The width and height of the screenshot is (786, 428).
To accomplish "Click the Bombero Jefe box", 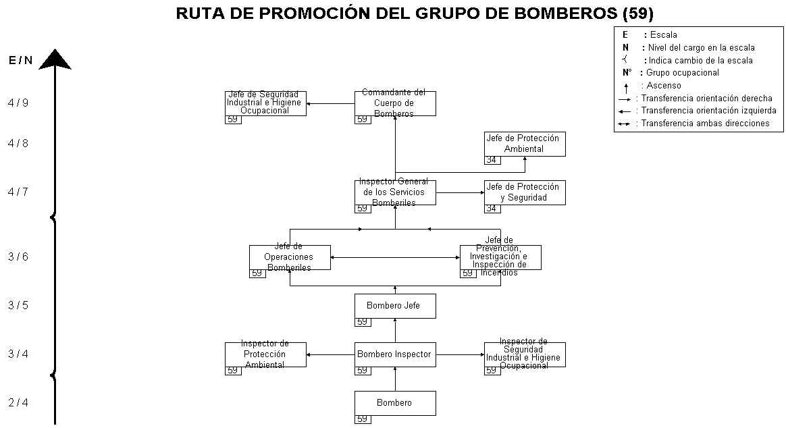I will click(395, 306).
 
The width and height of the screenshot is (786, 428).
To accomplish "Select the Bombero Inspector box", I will click(395, 354).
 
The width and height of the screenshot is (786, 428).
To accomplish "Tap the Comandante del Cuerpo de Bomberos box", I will click(395, 103).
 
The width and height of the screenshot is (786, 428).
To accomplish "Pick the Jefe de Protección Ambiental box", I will click(525, 144).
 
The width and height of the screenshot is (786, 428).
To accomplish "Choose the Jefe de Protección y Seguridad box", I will click(525, 192).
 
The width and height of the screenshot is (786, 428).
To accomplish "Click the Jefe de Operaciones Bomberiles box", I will click(290, 257).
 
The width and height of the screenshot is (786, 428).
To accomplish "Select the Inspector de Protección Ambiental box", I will click(265, 354).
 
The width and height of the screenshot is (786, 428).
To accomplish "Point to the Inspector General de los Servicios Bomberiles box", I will click(395, 192).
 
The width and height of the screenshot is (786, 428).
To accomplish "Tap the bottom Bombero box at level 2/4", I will click(395, 403).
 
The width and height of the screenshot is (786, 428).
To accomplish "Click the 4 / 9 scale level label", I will click(18, 103).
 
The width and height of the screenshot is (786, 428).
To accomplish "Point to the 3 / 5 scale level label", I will click(18, 306).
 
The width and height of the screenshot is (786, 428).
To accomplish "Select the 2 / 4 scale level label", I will click(18, 403).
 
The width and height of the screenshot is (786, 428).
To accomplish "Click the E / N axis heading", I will click(20, 61).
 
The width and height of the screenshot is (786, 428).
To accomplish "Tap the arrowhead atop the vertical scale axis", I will click(55, 59).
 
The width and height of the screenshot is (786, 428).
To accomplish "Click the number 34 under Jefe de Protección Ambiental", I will click(492, 161).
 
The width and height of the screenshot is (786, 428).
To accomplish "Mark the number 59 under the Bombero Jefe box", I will click(363, 323).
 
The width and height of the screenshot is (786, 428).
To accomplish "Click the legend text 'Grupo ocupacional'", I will click(683, 73).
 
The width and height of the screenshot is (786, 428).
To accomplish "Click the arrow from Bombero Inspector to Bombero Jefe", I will click(395, 330).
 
